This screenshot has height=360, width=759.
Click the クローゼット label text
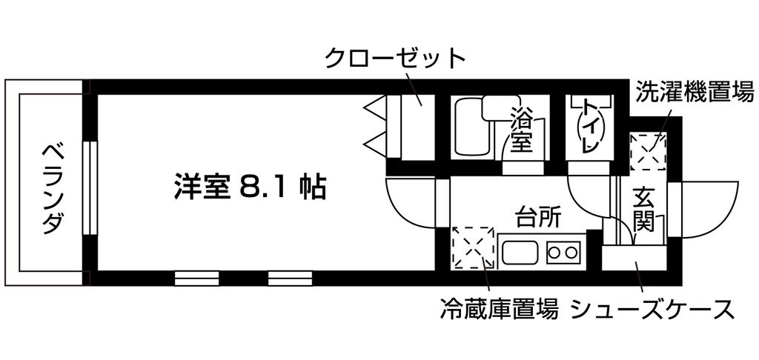[x=395, y=58]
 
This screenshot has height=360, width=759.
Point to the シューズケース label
[x=652, y=309]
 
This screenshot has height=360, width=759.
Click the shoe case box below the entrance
[x=633, y=258]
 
